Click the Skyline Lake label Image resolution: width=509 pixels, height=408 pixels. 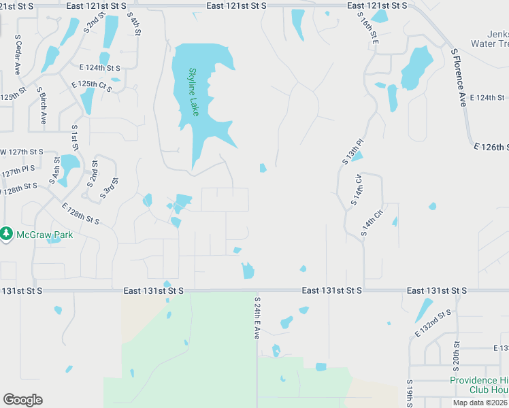(194, 91)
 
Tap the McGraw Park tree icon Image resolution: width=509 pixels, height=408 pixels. (7, 234)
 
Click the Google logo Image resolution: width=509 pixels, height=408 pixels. (22, 400)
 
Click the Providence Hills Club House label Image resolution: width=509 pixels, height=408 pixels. (479, 385)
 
